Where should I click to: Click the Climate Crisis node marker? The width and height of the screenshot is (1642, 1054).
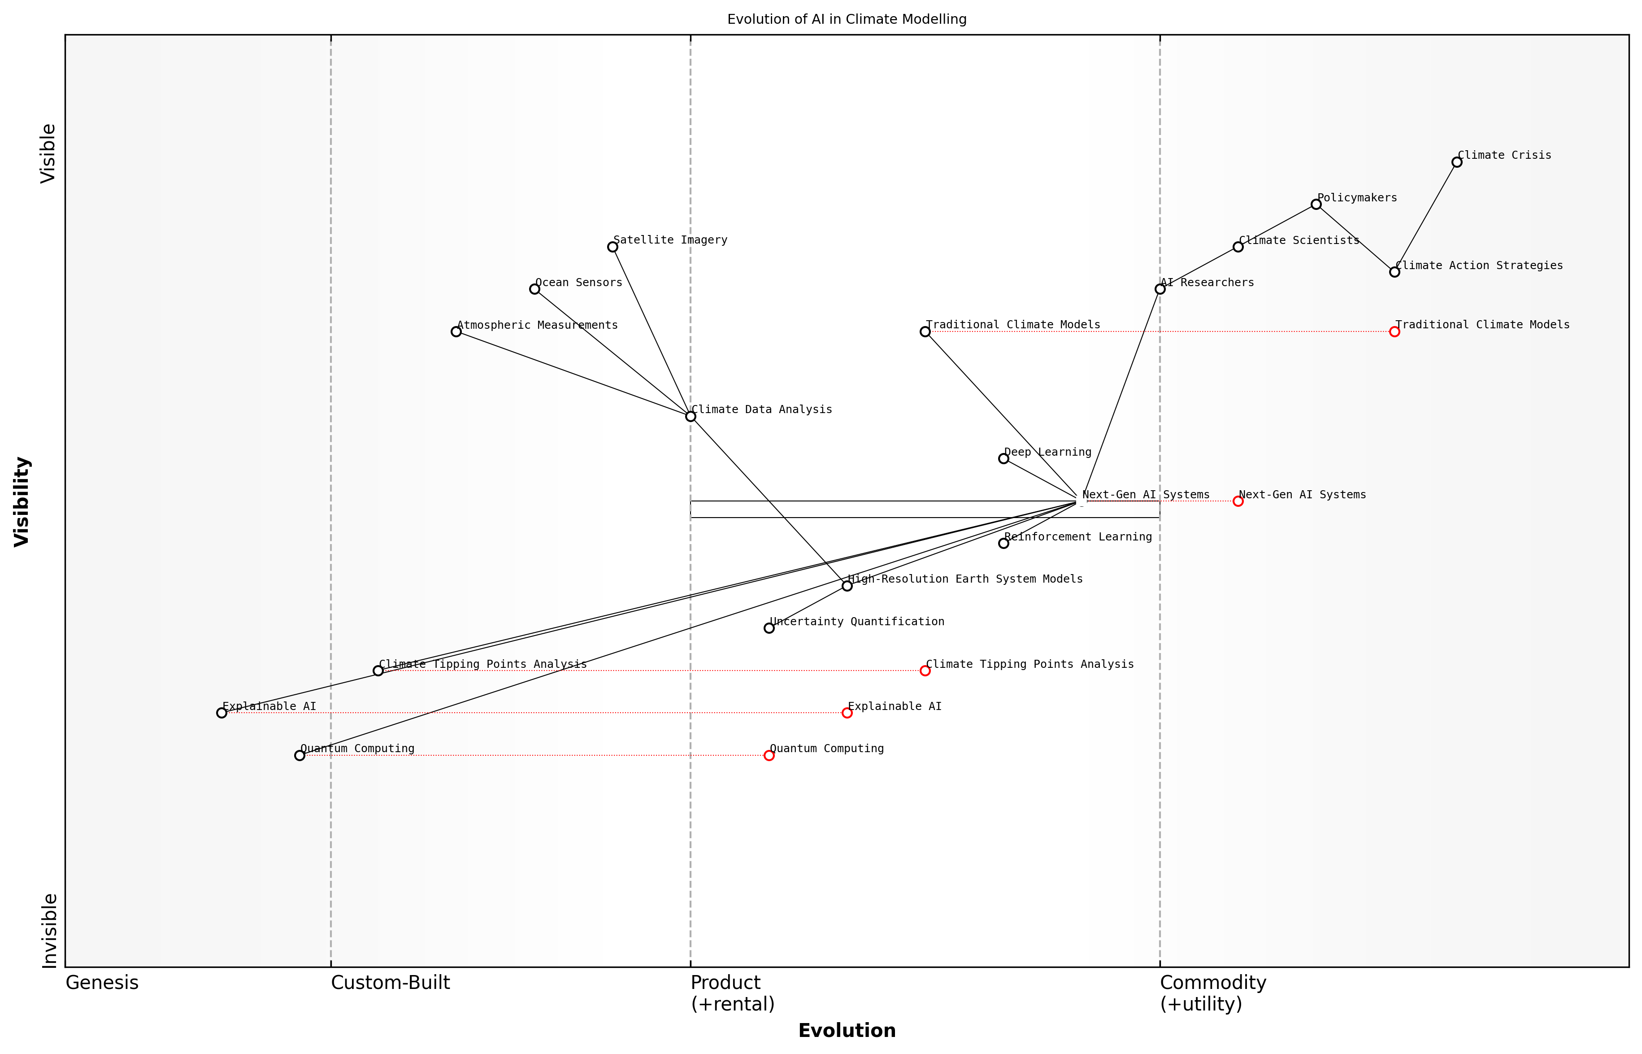1456,162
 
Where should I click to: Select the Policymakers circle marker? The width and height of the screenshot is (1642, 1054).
1316,205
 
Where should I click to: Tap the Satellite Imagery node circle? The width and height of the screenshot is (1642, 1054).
612,247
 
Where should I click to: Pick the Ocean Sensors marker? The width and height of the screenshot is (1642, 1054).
534,289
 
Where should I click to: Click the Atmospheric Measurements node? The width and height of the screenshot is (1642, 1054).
456,332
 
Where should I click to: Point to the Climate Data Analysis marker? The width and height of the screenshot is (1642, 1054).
691,416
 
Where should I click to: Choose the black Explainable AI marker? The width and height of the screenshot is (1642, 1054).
221,713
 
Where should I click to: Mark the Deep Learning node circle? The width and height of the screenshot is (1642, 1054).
1003,458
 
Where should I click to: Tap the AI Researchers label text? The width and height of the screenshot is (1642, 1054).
1207,283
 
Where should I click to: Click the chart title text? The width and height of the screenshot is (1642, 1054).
846,19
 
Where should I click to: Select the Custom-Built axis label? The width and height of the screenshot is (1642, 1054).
390,983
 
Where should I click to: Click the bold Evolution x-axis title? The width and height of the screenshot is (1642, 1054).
846,1031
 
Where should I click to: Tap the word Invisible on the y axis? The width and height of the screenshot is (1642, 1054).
48,931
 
